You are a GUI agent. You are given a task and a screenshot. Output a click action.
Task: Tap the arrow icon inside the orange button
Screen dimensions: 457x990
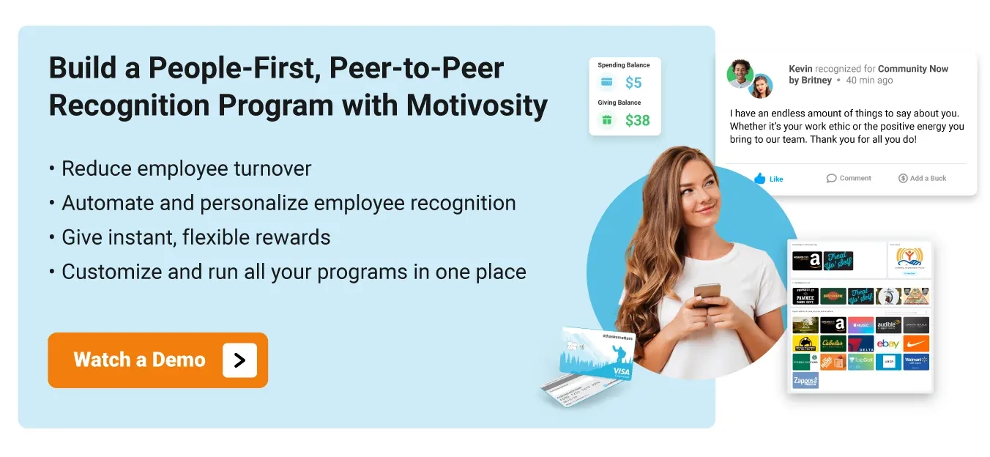point(239,360)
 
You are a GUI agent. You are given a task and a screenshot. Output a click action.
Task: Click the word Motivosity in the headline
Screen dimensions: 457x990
point(477,105)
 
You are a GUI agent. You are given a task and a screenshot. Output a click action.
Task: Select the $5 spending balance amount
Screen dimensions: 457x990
point(633,83)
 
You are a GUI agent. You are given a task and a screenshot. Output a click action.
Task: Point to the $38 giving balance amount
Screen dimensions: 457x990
point(637,120)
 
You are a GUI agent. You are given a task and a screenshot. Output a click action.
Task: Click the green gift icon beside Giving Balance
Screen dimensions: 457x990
point(606,120)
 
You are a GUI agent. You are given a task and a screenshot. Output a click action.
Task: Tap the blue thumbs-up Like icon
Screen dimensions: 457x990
point(759,178)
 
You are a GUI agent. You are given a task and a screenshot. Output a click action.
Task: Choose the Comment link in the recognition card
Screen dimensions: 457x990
point(849,178)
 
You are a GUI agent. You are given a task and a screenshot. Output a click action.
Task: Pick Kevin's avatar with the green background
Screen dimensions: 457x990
point(740,73)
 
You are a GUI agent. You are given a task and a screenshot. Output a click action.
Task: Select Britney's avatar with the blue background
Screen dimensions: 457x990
point(762,86)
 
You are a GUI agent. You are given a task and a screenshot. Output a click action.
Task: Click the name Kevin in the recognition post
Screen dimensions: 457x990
point(800,69)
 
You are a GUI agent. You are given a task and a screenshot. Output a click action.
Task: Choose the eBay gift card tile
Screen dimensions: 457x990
point(888,343)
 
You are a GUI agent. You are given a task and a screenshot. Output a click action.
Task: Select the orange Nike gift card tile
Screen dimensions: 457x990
point(916,343)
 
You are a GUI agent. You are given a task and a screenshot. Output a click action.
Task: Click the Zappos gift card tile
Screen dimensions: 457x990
point(805,380)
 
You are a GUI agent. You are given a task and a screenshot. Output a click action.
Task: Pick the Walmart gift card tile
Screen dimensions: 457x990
point(916,362)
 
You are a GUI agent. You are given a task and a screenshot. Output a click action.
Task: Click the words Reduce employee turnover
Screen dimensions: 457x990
point(186,168)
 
